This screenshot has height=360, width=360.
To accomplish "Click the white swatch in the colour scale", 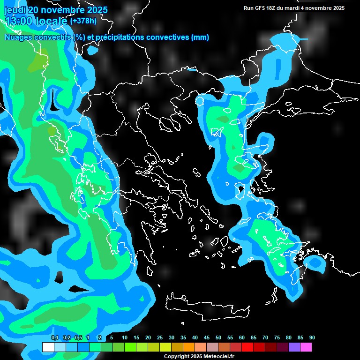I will pos(48,347).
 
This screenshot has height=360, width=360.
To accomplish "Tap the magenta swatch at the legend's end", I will pos(306,347).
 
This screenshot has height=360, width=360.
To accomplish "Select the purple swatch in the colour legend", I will pos(294,347).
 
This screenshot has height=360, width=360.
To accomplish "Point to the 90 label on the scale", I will pos(312,338).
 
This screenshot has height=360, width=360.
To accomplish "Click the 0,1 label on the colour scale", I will pos(55,338).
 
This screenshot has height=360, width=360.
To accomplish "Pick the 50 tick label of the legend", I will pos(218,338).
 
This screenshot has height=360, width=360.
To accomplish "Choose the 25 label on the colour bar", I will pos(160,338).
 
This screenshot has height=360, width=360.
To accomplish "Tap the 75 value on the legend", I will pos(277,338).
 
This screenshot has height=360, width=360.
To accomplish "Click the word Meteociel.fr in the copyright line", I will pos(218,357).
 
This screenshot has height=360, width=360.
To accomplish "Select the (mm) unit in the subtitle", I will pos(200,37).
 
